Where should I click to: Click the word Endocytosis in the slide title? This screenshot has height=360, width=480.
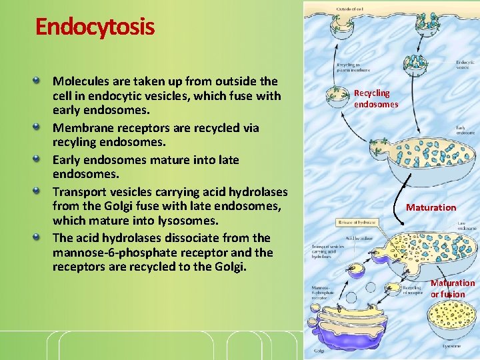pyautogui.click(x=95, y=27)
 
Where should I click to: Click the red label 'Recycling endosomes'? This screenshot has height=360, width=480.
pyautogui.click(x=376, y=99)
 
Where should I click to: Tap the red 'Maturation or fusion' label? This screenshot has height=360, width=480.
pyautogui.click(x=452, y=289)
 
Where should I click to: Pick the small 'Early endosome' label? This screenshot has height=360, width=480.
pyautogui.click(x=464, y=130)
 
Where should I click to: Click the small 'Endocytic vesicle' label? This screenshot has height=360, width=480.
pyautogui.click(x=465, y=65)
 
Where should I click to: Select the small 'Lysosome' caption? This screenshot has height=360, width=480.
pyautogui.click(x=451, y=346)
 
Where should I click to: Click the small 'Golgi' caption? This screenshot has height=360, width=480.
pyautogui.click(x=321, y=349)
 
